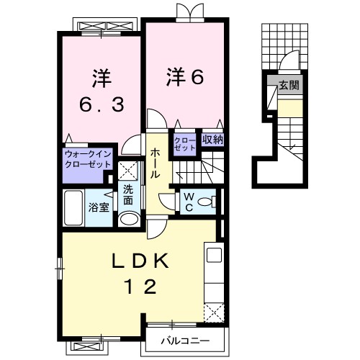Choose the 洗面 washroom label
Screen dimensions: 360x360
128,194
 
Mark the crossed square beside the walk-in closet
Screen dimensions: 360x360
128,171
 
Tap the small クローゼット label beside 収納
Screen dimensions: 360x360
182,141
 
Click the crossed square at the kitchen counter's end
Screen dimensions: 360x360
214,312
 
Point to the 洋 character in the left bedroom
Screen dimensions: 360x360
101,76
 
